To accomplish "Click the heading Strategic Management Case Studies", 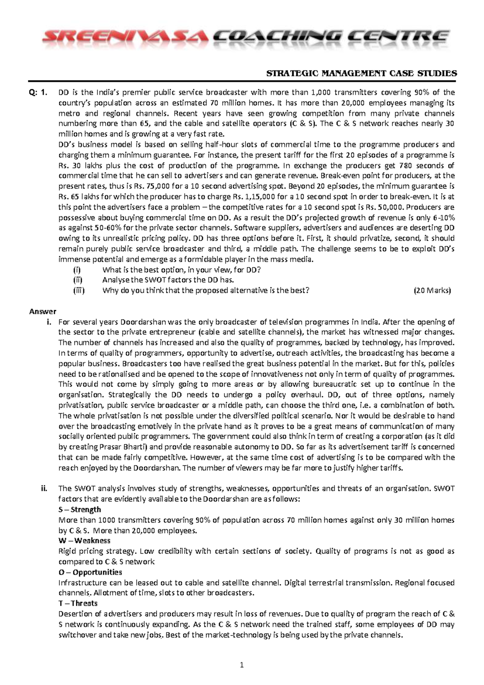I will (x=360, y=73).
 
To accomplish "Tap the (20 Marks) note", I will (x=432, y=290).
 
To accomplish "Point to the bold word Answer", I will (x=43, y=311).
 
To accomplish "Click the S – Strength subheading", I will (x=79, y=509).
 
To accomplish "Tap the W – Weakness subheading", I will (x=84, y=540).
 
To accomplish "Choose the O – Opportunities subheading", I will (x=90, y=572).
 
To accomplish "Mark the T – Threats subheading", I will (x=78, y=603).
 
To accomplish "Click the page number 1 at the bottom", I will (x=242, y=666).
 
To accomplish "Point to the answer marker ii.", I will (x=44, y=488).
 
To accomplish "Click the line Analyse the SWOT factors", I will (x=168, y=280).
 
